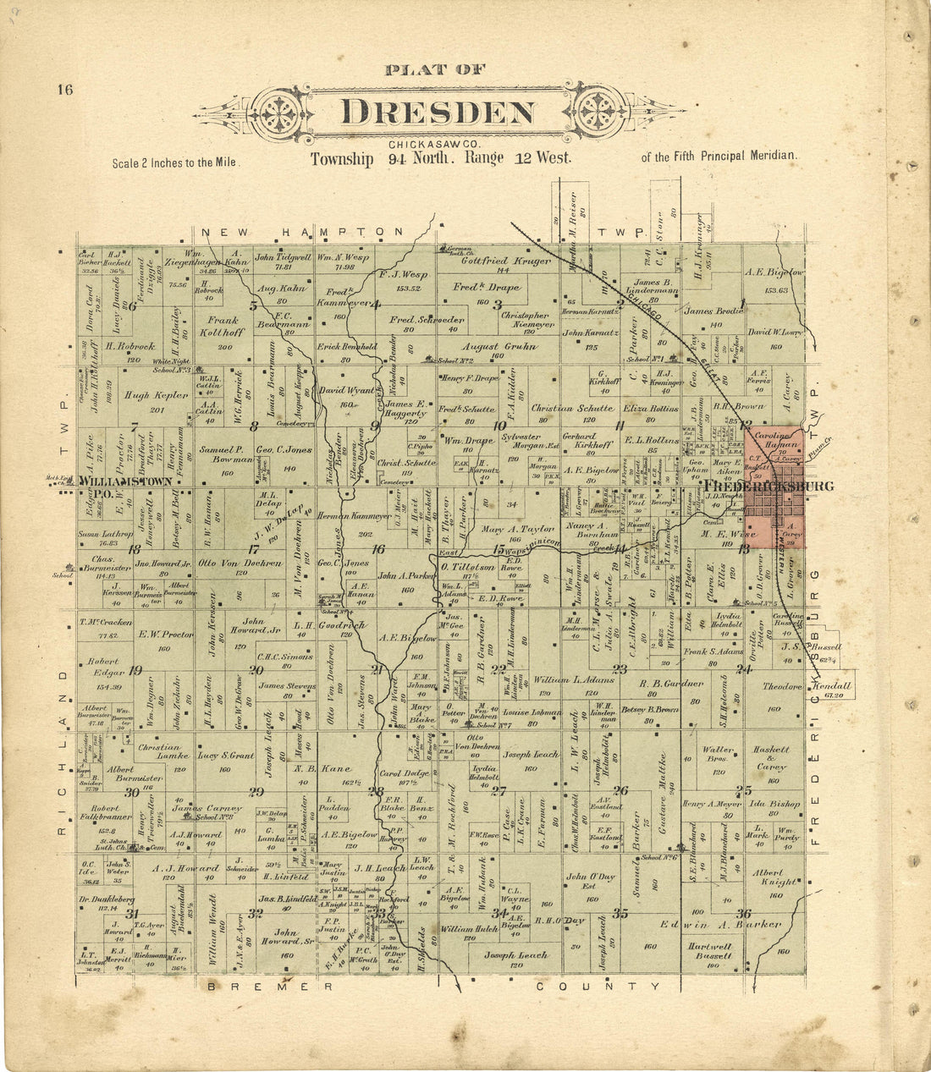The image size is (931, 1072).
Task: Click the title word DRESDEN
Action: click(438, 113)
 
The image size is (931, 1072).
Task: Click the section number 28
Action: click(376, 792)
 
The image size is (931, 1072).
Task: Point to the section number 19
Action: click(135, 670)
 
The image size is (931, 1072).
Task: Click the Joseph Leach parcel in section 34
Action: click(515, 955)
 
